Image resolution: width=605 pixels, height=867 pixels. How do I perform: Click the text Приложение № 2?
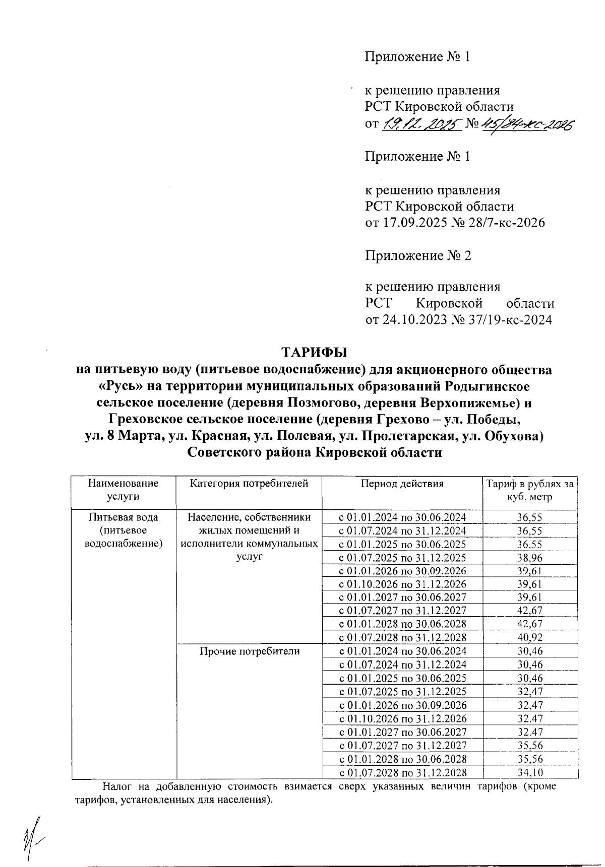417,256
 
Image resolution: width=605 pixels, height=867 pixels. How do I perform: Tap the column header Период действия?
402,484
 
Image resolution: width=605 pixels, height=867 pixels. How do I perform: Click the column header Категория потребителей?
249,484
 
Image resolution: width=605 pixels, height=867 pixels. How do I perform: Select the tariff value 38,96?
529,558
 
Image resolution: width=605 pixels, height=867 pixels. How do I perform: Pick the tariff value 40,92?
529,637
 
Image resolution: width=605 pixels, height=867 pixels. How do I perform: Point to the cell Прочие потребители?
249,651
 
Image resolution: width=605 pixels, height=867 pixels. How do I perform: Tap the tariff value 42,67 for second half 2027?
529,611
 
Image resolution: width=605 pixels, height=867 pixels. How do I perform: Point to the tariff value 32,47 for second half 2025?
529,692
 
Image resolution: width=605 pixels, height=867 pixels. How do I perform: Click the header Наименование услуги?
123,490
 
